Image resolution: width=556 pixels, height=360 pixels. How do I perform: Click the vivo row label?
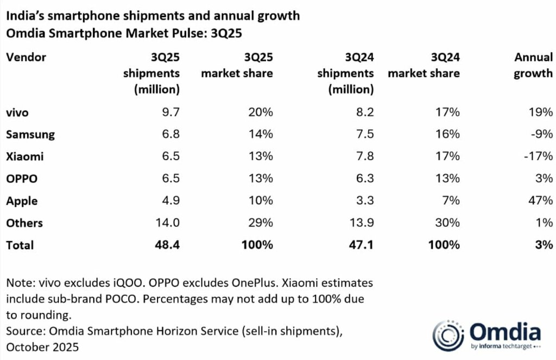[17, 113]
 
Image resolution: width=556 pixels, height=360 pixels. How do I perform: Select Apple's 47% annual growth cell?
[540, 201]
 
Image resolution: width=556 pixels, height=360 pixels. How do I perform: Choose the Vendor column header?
[26, 57]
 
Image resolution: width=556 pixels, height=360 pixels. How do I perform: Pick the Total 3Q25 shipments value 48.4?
[166, 245]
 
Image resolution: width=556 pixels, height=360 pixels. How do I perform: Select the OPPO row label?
[22, 179]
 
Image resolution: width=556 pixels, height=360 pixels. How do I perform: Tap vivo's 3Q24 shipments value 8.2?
[364, 113]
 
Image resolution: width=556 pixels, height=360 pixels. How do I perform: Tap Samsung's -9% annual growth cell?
[541, 135]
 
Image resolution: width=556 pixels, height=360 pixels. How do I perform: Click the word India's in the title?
[25, 16]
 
